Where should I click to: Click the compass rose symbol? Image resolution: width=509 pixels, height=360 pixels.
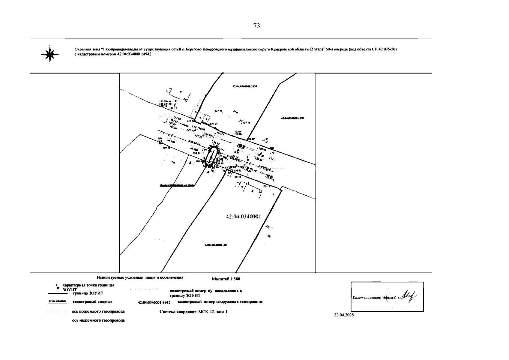point(50,54)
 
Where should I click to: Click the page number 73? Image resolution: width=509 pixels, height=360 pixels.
point(256,26)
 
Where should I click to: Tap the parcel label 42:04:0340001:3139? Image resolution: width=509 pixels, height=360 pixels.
point(245,86)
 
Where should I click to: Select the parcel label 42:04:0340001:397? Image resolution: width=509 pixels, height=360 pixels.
point(292,118)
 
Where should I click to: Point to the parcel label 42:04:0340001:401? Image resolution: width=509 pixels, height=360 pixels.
point(216,245)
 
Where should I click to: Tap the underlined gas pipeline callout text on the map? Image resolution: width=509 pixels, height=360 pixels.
point(177,185)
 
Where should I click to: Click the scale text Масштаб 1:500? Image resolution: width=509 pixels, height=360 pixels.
point(226,279)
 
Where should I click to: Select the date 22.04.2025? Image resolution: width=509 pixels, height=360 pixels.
point(344,315)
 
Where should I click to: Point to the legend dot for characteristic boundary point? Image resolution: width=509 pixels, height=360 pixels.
point(57,287)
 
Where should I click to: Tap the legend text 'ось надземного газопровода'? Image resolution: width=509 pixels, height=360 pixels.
point(98,320)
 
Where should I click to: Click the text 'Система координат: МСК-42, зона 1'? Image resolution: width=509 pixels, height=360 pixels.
point(193,312)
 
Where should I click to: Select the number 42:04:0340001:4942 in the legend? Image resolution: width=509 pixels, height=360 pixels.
point(154,302)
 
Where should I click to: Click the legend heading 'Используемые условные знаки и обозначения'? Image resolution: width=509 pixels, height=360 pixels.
point(140,278)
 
